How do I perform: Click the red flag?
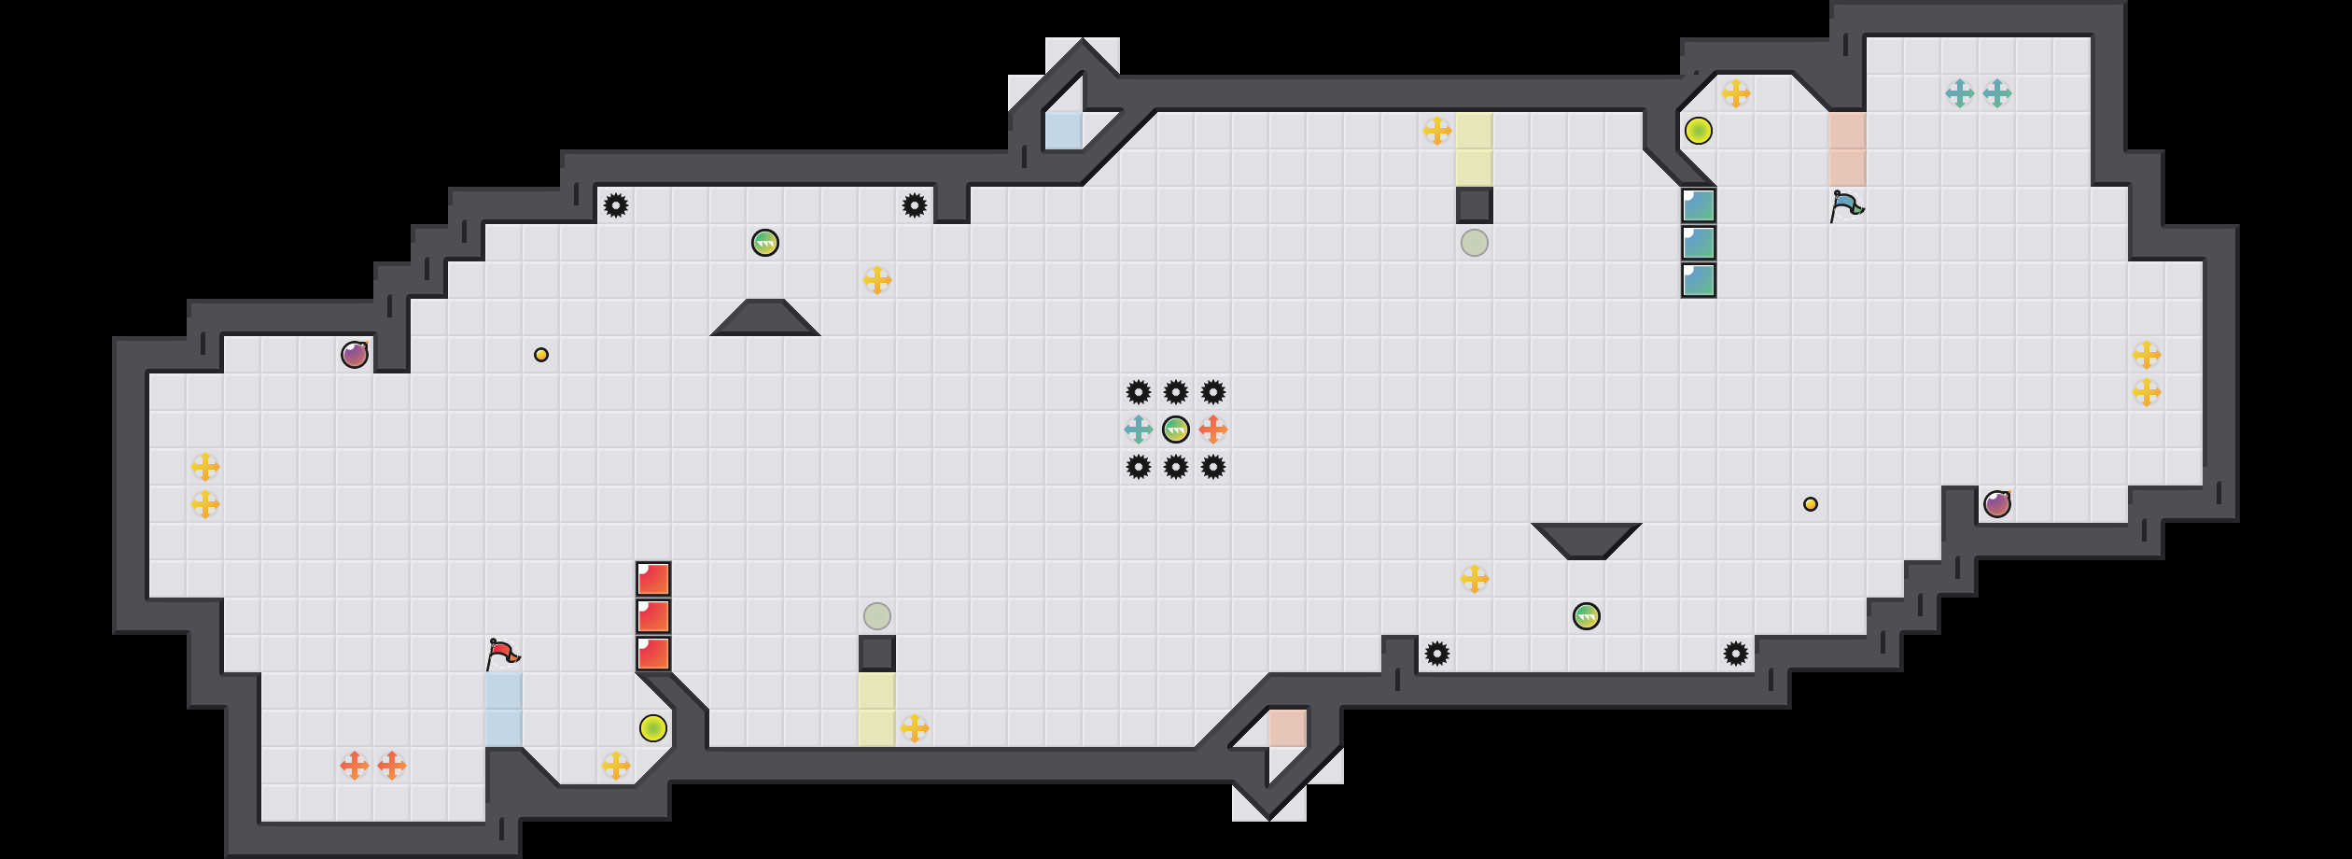click(x=502, y=653)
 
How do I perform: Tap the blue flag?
click(x=1846, y=204)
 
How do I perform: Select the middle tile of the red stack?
click(x=653, y=616)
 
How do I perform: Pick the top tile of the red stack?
click(x=653, y=579)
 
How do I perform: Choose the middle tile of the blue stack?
click(x=1699, y=243)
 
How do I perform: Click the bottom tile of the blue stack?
click(x=1699, y=280)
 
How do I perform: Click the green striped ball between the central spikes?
click(x=1176, y=429)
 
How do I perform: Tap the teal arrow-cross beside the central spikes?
click(x=1139, y=429)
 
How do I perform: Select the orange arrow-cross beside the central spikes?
click(x=1213, y=429)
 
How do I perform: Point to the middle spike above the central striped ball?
click(x=1176, y=392)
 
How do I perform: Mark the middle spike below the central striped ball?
click(x=1176, y=467)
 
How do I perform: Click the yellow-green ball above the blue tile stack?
click(x=1699, y=131)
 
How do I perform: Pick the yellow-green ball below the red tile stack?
click(x=653, y=728)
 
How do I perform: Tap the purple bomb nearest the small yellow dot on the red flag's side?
click(x=355, y=355)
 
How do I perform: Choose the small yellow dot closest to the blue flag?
click(x=1811, y=504)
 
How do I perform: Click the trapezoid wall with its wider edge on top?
click(x=1587, y=539)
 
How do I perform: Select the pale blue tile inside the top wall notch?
click(x=1064, y=131)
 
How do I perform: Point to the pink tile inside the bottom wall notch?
click(x=1288, y=728)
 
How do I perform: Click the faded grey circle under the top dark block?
click(x=1475, y=243)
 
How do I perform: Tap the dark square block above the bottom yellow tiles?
click(x=877, y=654)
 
